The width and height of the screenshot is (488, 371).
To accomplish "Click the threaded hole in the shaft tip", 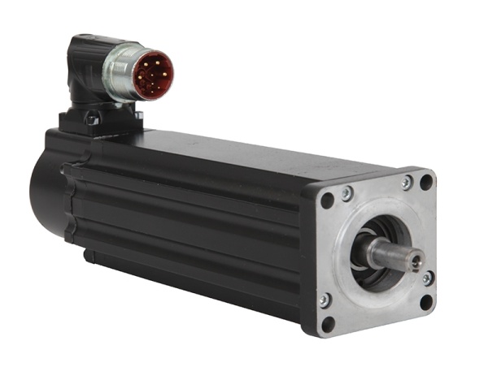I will pyautogui.click(x=415, y=261).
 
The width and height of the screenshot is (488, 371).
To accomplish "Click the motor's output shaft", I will pyautogui.click(x=391, y=253).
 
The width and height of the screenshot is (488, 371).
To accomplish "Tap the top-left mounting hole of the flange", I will pyautogui.click(x=327, y=201).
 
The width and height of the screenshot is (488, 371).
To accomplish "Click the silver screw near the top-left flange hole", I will pyautogui.click(x=346, y=192).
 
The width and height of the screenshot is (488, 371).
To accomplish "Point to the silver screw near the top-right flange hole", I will pyautogui.click(x=406, y=184).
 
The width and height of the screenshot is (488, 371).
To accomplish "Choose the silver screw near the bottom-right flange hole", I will pyautogui.click(x=427, y=278).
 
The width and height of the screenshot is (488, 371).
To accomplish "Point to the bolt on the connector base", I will pyautogui.click(x=91, y=120).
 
